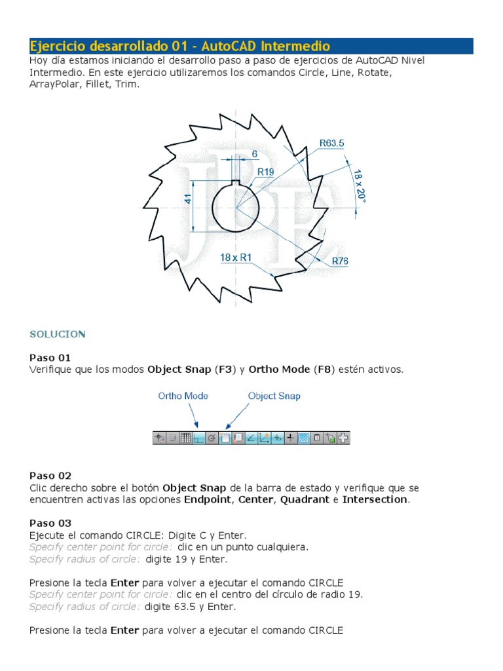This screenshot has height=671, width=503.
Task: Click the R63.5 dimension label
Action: (x=331, y=142)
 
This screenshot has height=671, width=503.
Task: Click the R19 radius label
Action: (x=265, y=172)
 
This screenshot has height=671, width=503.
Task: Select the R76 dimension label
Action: (x=340, y=261)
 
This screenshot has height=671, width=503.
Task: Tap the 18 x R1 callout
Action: (x=236, y=258)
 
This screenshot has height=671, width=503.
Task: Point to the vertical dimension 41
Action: (x=189, y=199)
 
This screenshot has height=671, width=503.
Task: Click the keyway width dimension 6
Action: (x=255, y=154)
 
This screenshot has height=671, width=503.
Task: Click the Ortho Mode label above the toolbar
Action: (x=183, y=396)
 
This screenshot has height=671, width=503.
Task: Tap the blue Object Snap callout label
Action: (x=274, y=396)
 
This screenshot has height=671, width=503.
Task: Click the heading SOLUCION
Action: (x=58, y=334)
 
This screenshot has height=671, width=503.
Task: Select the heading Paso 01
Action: (x=50, y=358)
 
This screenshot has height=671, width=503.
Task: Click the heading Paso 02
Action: (x=50, y=476)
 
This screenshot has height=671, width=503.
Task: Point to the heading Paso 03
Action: (x=50, y=523)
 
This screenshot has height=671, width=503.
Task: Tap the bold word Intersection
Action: (x=375, y=499)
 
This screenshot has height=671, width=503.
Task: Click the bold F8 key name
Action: (x=323, y=370)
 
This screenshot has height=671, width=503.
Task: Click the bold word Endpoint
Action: (x=207, y=499)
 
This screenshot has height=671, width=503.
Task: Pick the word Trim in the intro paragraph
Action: (x=128, y=85)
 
